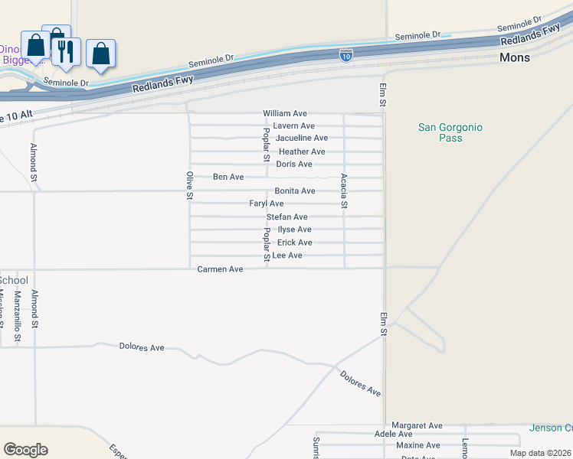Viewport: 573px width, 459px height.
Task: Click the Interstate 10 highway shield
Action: pyautogui.click(x=346, y=54)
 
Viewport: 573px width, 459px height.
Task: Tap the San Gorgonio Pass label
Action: pyautogui.click(x=450, y=132)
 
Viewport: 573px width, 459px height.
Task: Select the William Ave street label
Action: pyautogui.click(x=285, y=113)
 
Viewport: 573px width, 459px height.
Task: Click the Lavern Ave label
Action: pyautogui.click(x=294, y=125)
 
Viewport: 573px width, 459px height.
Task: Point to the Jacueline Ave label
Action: pyautogui.click(x=302, y=138)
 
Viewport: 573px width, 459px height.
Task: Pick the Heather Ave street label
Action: pyautogui.click(x=302, y=151)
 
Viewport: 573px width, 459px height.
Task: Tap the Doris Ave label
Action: pyautogui.click(x=294, y=164)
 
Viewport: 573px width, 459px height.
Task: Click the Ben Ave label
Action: pyautogui.click(x=228, y=177)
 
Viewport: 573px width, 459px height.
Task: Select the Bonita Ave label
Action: pyautogui.click(x=295, y=190)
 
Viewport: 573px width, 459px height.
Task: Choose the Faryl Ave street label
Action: pyautogui.click(x=267, y=203)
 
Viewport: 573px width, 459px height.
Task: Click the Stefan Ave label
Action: pyautogui.click(x=286, y=217)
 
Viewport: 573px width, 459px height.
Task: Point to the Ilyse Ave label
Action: pyautogui.click(x=294, y=229)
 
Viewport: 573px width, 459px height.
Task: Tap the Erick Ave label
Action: pyautogui.click(x=294, y=243)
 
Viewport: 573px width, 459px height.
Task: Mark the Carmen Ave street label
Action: pyautogui.click(x=220, y=269)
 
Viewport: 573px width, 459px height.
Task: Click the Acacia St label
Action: pyautogui.click(x=345, y=190)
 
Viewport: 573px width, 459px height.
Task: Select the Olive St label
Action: pyautogui.click(x=190, y=186)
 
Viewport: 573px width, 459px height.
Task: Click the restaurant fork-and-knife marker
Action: pyautogui.click(x=67, y=52)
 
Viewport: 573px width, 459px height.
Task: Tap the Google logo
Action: pyautogui.click(x=25, y=450)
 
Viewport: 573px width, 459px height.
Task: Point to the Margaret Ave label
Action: pyautogui.click(x=417, y=425)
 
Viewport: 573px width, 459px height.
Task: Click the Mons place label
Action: pyautogui.click(x=514, y=57)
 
